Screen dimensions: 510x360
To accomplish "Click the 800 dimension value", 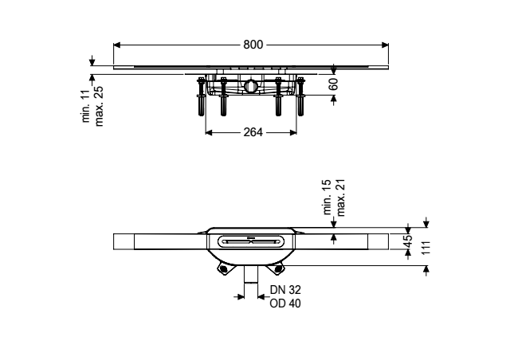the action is click(x=253, y=45).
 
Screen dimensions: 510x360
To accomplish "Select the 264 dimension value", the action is click(x=253, y=132).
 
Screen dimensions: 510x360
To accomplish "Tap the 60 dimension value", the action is click(x=333, y=84).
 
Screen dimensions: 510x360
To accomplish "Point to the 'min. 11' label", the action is click(x=86, y=106).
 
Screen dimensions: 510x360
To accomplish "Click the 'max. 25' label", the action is click(x=99, y=106).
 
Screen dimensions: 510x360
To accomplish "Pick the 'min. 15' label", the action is click(x=328, y=197).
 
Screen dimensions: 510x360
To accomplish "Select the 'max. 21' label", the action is click(x=340, y=198).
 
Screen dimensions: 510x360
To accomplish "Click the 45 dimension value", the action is click(x=409, y=241).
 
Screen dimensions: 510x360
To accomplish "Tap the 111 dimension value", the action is click(x=426, y=248).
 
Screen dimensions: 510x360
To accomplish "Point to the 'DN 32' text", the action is click(x=285, y=289).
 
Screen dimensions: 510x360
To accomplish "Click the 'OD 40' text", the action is click(x=285, y=303).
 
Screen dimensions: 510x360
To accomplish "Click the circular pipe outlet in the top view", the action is click(x=251, y=85).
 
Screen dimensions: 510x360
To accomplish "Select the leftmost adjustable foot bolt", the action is click(x=202, y=96).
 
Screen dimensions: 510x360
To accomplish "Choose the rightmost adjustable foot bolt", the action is click(x=300, y=96).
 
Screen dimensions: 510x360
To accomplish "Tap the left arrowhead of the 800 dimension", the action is click(x=117, y=45).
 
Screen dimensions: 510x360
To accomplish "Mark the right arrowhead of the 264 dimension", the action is click(x=293, y=132).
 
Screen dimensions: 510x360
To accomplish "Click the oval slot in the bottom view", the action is click(x=251, y=241).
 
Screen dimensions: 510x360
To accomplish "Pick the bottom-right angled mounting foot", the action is click(x=278, y=268).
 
